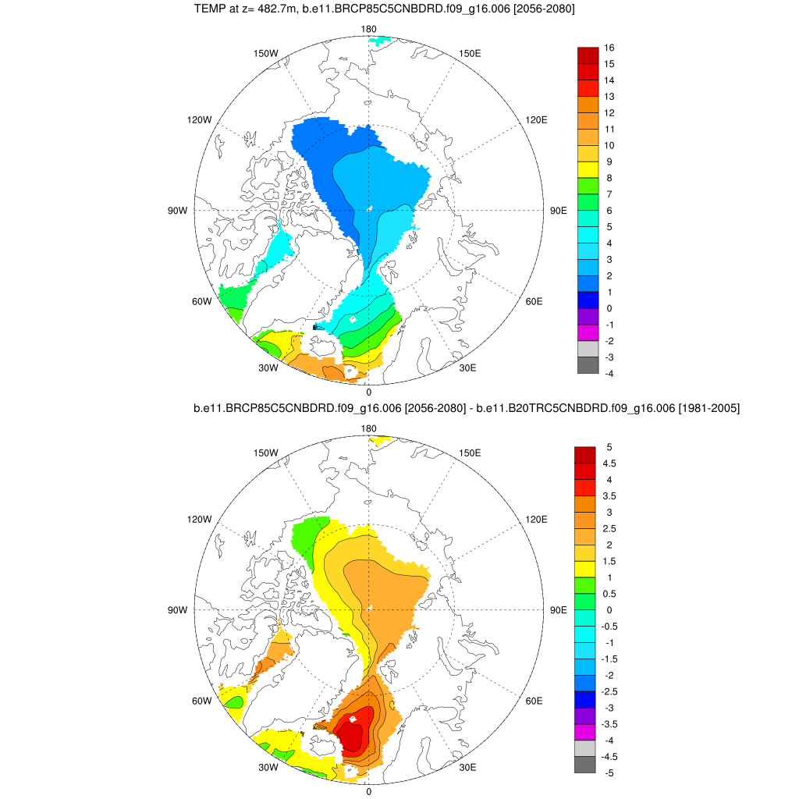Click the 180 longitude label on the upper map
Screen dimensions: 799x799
(x=369, y=29)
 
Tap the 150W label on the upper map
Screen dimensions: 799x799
(x=266, y=53)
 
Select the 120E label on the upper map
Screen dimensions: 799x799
(x=536, y=119)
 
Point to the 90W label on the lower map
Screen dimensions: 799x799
(x=177, y=609)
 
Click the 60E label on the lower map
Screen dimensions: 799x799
(x=534, y=701)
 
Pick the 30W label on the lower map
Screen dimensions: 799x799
(x=268, y=768)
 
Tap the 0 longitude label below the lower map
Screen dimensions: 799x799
(x=368, y=791)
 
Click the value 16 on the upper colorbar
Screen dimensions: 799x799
(x=609, y=48)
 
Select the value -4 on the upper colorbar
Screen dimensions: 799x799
(x=609, y=374)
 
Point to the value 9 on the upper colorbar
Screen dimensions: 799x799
(x=607, y=162)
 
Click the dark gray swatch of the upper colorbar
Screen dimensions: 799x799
(x=588, y=365)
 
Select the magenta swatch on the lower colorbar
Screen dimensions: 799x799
(x=584, y=732)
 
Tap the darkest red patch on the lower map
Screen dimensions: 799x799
(x=353, y=736)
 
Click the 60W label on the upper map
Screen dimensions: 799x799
(x=201, y=301)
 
